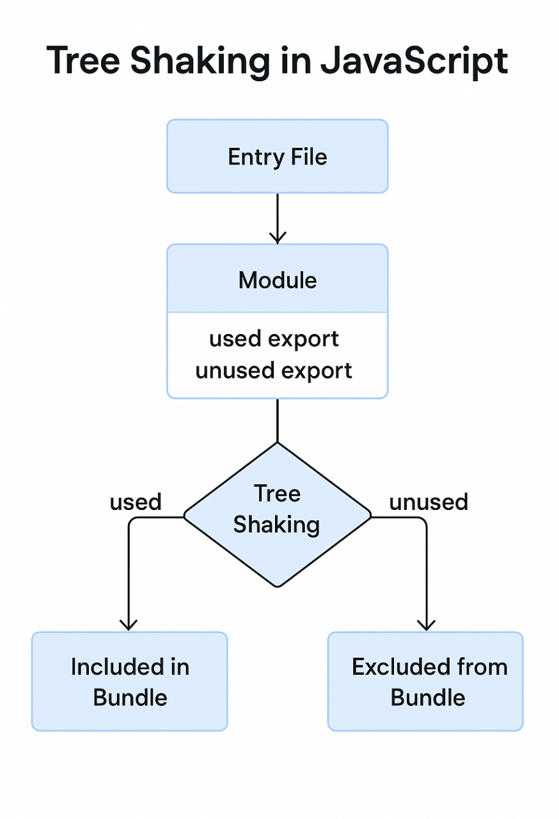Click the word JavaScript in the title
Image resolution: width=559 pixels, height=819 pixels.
coord(413,62)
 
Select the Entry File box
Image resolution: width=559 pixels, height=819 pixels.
coord(277,156)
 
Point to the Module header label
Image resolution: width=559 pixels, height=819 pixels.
coord(277,280)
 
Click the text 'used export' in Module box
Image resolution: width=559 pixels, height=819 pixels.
coord(274,339)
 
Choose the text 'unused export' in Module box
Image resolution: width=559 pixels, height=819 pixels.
coord(274,370)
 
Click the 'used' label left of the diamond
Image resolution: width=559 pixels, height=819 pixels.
coord(136,502)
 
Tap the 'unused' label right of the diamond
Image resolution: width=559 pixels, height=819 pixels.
coord(429,502)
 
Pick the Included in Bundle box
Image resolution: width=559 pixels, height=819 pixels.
coord(129,681)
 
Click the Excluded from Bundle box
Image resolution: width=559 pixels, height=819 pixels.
coord(425,681)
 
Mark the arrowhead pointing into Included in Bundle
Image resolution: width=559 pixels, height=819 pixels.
coord(129,624)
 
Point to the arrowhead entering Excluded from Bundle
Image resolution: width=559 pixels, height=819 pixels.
coord(426,624)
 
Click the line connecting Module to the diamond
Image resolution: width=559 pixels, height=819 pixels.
coord(277,420)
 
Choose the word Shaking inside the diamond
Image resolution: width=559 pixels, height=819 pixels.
coord(276,525)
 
